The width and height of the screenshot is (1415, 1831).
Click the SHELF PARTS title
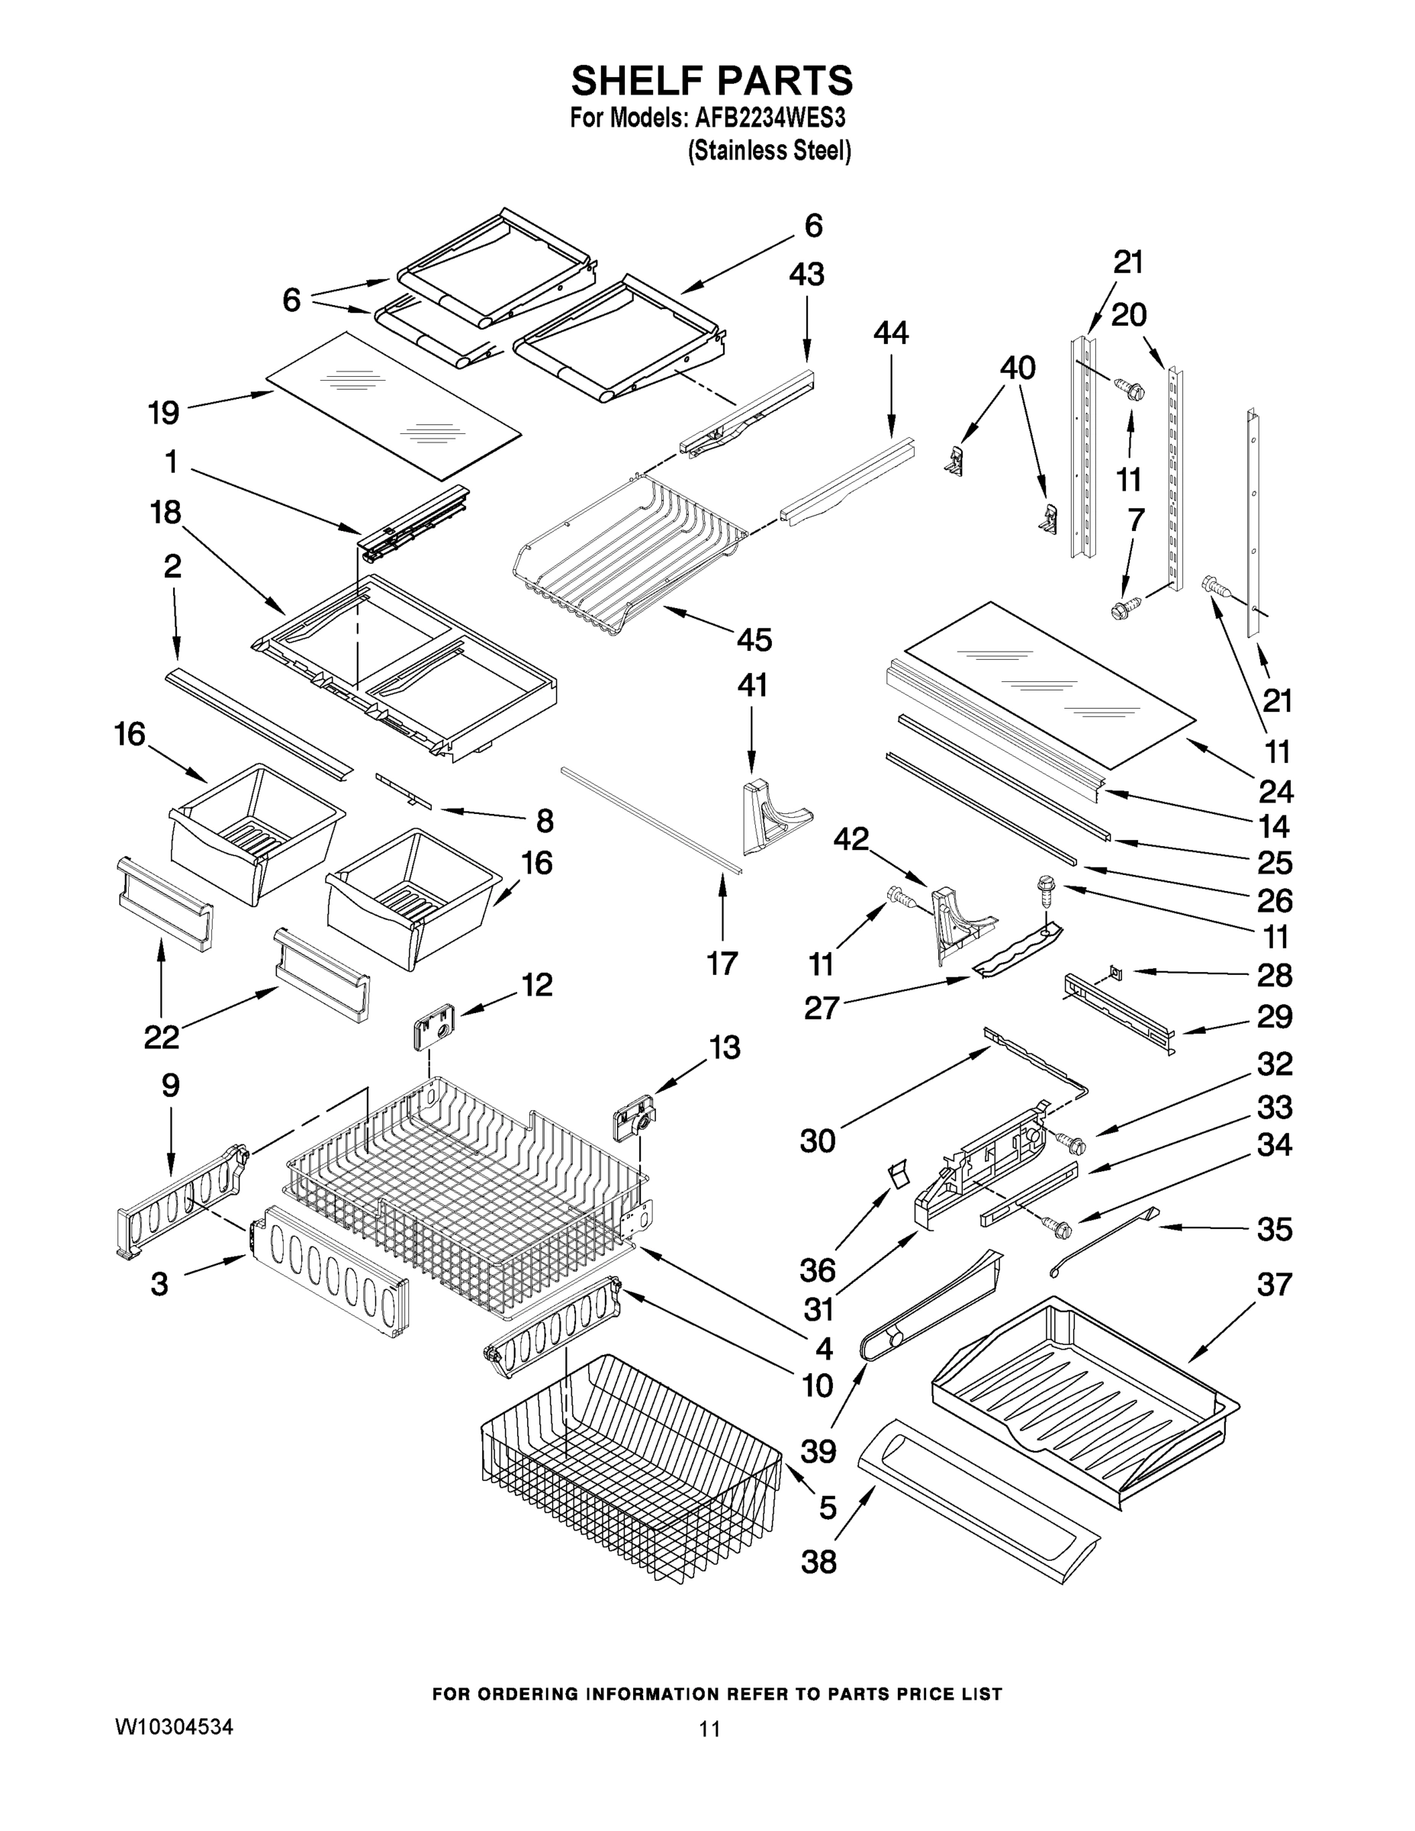coord(712,82)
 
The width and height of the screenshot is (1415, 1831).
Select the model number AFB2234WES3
coord(770,118)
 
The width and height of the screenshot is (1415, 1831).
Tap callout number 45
coord(754,639)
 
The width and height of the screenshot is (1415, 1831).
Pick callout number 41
coord(751,685)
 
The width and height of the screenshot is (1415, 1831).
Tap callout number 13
coord(724,1047)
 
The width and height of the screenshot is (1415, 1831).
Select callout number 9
coord(170,1086)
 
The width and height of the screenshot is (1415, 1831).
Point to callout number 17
coord(722,964)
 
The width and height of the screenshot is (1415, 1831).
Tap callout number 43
coord(806,274)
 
